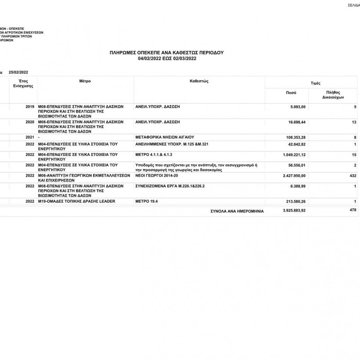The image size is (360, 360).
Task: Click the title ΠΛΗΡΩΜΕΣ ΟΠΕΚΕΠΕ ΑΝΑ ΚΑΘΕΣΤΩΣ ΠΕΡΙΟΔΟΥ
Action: point(166,52)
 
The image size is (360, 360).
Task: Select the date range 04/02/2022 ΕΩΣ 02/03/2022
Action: point(166,58)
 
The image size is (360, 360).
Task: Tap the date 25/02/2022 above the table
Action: point(18,72)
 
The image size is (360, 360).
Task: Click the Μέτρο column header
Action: point(85,81)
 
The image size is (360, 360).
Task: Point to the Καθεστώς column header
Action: point(199,81)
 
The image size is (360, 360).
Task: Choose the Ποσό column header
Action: point(291,93)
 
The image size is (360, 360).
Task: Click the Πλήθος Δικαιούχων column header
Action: point(333,95)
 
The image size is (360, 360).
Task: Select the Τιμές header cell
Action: point(315,83)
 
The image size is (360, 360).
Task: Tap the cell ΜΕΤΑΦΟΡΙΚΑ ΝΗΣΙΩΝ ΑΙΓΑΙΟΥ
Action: point(165,137)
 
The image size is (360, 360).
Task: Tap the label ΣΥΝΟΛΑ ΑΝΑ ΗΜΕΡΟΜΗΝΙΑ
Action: point(237,211)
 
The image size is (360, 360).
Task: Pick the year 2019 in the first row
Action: point(30,107)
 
